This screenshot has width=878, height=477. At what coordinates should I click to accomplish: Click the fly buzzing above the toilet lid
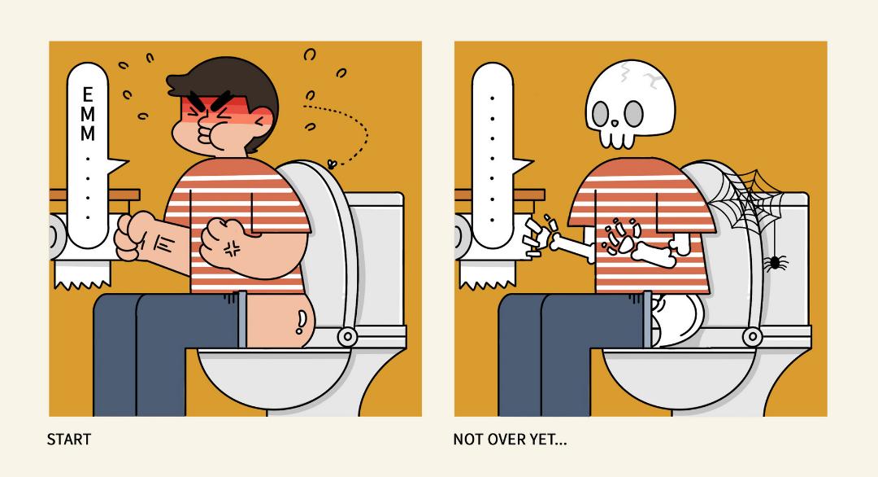pyautogui.click(x=333, y=164)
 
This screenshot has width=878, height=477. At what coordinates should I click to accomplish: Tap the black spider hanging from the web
pyautogui.click(x=775, y=262)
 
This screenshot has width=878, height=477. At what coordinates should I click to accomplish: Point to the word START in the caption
pyautogui.click(x=69, y=440)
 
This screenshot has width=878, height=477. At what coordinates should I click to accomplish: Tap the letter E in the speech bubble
pyautogui.click(x=87, y=94)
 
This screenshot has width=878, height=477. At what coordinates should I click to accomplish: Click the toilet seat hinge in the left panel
pyautogui.click(x=347, y=336)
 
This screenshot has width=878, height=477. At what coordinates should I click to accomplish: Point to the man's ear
pyautogui.click(x=262, y=123)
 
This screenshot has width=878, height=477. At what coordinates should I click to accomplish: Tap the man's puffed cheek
pyautogui.click(x=215, y=138)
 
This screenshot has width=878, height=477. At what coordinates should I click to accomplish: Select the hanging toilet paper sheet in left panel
pyautogui.click(x=82, y=275)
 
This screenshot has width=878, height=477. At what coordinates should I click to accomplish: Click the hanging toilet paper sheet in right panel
pyautogui.click(x=487, y=275)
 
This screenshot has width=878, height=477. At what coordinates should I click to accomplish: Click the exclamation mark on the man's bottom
pyautogui.click(x=302, y=322)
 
